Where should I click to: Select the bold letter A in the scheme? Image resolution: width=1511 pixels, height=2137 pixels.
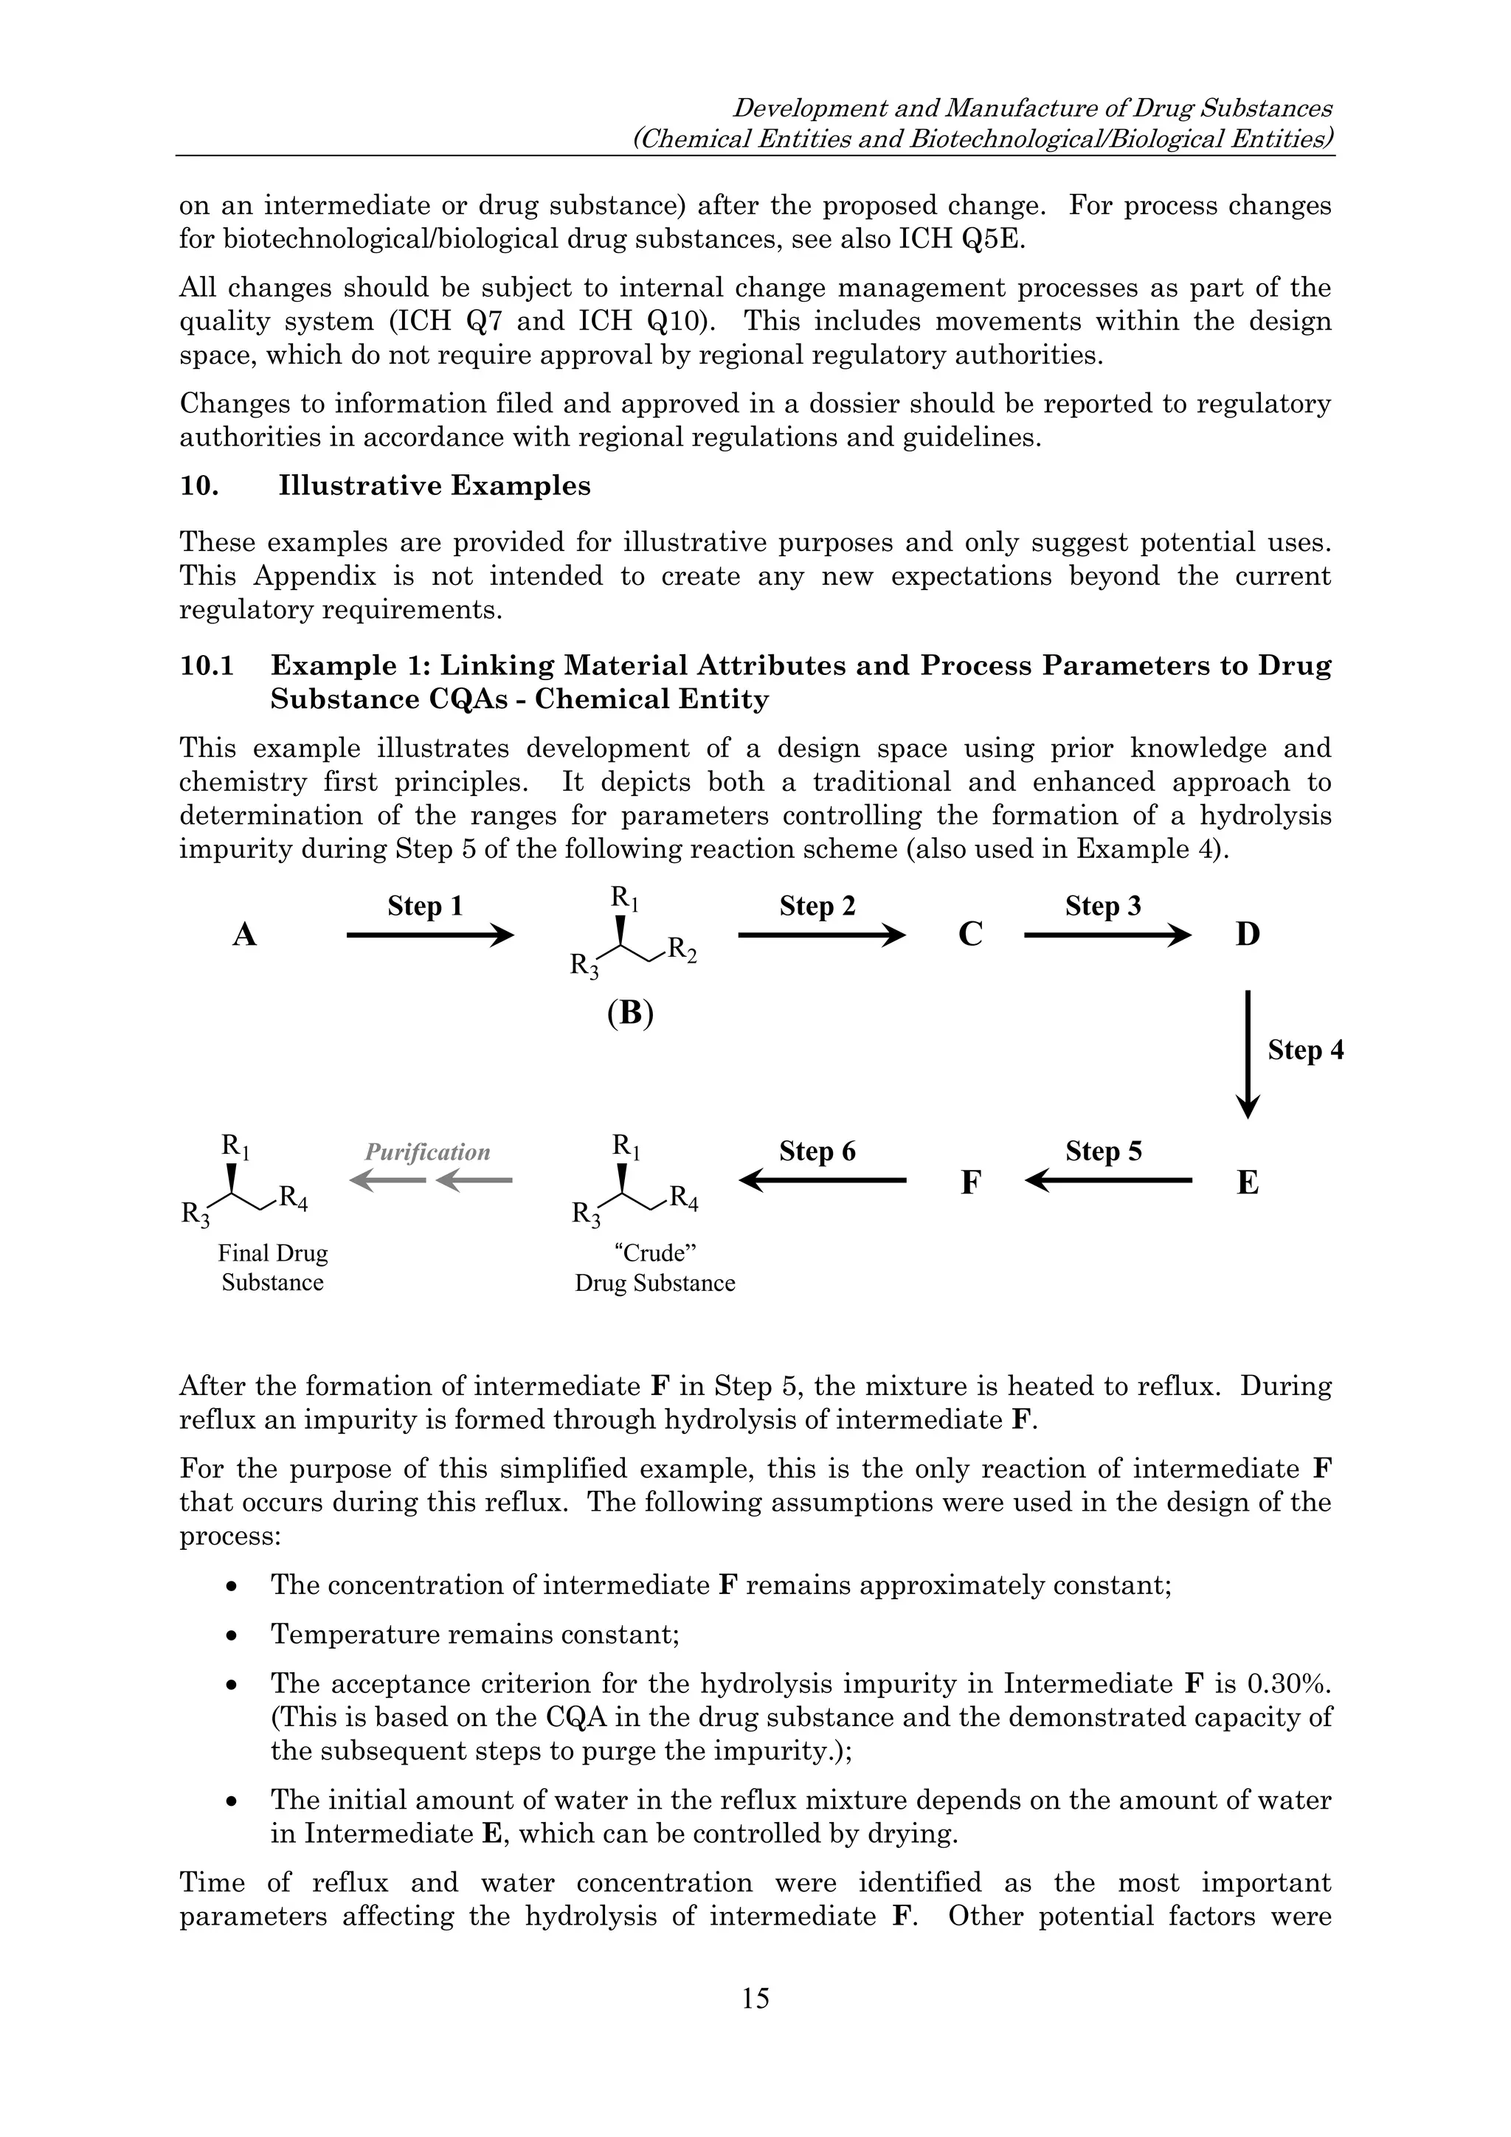[x=244, y=935]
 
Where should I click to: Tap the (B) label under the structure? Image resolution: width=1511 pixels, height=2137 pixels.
[x=630, y=1013]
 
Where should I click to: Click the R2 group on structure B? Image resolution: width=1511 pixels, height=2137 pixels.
[x=682, y=949]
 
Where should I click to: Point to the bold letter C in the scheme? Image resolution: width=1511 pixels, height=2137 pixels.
[x=970, y=935]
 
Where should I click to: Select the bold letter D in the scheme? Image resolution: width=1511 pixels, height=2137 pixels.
[x=1248, y=935]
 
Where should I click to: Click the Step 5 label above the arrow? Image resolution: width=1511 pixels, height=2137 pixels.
[x=1103, y=1151]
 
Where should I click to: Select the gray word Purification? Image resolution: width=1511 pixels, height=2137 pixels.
[x=427, y=1152]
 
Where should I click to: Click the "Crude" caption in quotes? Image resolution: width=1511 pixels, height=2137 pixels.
[x=654, y=1253]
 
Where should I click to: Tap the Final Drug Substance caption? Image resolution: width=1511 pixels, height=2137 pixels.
[x=273, y=1268]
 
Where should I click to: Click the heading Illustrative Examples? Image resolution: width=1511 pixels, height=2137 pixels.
[x=434, y=486]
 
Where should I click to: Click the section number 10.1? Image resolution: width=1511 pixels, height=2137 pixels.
[x=207, y=665]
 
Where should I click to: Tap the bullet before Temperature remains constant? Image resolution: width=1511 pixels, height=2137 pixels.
[x=232, y=1635]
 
